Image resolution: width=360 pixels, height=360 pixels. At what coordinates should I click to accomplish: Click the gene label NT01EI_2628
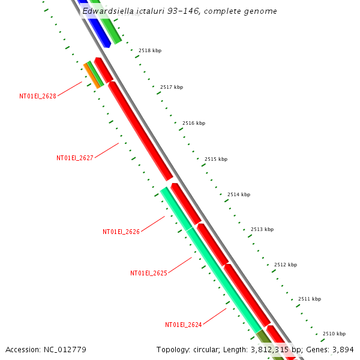click(38, 96)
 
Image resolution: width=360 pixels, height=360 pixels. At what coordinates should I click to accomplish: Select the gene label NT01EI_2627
click(75, 158)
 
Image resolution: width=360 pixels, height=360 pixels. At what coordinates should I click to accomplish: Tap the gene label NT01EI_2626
click(121, 232)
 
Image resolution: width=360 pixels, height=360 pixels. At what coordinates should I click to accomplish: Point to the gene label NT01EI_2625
click(149, 273)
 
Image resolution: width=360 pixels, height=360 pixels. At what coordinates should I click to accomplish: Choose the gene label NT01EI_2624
click(184, 325)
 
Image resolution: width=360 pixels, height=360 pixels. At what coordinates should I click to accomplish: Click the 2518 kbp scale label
click(150, 51)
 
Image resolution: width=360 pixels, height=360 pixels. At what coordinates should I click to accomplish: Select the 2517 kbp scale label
click(172, 88)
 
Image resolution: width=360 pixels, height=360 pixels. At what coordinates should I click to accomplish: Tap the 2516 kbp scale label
click(194, 123)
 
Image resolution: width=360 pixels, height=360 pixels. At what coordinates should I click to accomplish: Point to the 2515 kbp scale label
click(216, 159)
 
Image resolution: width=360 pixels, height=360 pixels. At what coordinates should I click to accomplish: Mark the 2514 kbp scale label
click(239, 194)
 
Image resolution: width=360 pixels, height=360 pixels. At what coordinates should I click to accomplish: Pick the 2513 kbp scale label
click(262, 229)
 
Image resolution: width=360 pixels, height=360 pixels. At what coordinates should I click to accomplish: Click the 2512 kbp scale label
click(286, 265)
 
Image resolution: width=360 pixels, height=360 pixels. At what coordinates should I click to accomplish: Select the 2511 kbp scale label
click(310, 299)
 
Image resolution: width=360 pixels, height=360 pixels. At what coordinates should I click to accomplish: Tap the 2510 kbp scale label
click(334, 334)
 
